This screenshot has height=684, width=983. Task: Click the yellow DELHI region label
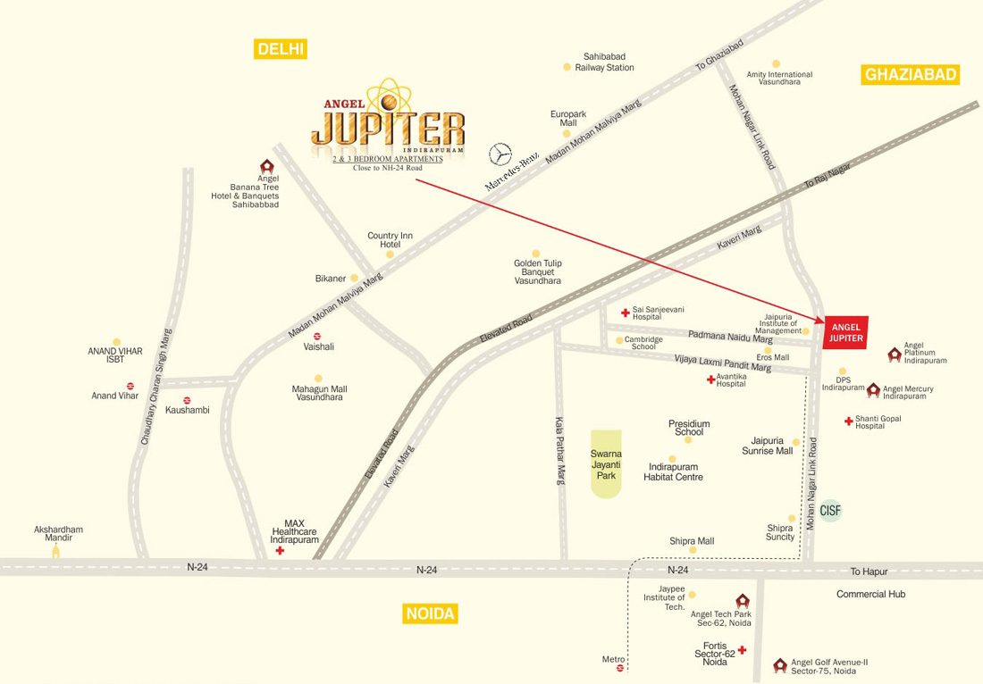tap(281, 49)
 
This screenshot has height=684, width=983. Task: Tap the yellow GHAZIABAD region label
tap(910, 75)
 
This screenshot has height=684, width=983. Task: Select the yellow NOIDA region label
tap(431, 613)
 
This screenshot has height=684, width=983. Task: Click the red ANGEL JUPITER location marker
tap(844, 332)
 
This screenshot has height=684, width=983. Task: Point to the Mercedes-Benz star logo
tap(500, 154)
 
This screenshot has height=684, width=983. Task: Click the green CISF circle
tap(830, 511)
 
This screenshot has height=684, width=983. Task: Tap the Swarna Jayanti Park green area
tap(607, 464)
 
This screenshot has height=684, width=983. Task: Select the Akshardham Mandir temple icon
tap(56, 550)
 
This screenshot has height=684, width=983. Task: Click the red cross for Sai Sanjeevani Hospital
tap(626, 313)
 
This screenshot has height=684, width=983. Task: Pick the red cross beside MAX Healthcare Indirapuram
tap(281, 552)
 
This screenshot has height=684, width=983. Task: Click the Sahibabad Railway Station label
tap(604, 62)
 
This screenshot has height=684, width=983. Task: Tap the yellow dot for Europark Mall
tap(566, 133)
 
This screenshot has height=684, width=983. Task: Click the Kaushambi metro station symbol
tap(187, 400)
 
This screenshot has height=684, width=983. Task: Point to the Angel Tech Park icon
tap(741, 601)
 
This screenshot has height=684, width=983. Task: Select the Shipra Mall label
tap(692, 541)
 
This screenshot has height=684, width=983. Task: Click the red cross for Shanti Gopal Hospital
tap(848, 421)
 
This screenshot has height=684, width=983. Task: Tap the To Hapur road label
tap(866, 571)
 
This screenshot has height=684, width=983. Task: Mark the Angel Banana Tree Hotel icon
tap(266, 167)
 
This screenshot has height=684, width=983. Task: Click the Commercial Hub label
tap(870, 594)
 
